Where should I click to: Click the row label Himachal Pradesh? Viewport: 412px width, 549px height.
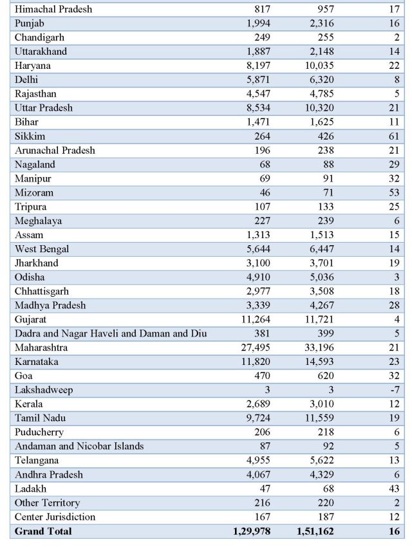[53, 9]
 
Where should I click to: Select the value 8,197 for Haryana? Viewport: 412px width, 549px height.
[258, 66]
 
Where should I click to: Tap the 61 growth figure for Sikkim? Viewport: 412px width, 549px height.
[394, 136]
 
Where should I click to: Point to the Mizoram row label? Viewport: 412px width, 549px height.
[34, 192]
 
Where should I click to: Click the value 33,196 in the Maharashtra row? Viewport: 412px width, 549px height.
[319, 348]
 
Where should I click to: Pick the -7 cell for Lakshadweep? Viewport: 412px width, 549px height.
[395, 389]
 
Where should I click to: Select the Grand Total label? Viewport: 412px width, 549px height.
[43, 531]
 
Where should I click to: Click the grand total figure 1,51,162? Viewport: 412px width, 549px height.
[315, 531]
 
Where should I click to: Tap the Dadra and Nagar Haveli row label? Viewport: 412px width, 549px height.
[111, 333]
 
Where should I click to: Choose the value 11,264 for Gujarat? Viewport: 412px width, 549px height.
[256, 319]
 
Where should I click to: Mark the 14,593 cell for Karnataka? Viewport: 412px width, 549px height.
[319, 362]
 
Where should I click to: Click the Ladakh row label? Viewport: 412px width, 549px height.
[30, 489]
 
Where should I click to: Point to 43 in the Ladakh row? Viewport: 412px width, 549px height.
[394, 489]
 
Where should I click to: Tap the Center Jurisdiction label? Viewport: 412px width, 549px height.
[55, 517]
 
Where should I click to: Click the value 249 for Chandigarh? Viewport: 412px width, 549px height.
[262, 37]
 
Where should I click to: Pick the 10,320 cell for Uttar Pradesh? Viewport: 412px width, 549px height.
[319, 108]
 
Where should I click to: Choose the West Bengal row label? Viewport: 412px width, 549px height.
[42, 249]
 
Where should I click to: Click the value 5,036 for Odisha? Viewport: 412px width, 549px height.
[322, 277]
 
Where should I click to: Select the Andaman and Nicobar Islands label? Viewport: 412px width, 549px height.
[79, 446]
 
